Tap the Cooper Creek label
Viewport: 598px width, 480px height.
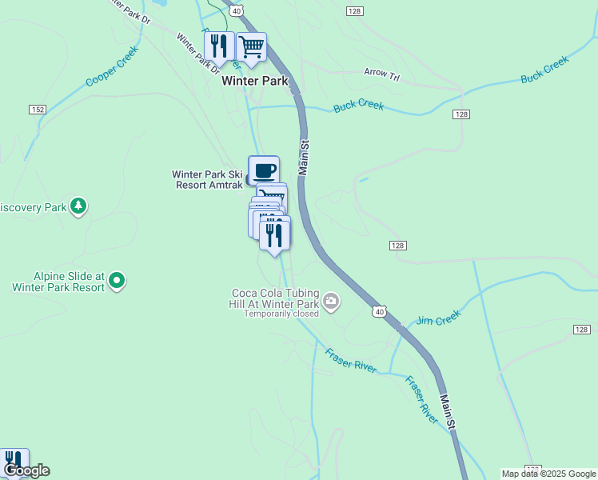click(x=112, y=66)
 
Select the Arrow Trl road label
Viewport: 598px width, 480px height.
click(x=381, y=73)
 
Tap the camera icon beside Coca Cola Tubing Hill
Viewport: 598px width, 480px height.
click(x=331, y=302)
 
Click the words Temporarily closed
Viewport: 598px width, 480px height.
click(x=281, y=314)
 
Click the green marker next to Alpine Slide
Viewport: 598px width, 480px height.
click(x=117, y=280)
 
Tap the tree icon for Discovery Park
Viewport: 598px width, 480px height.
click(x=78, y=206)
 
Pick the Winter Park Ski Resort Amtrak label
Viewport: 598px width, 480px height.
click(x=207, y=179)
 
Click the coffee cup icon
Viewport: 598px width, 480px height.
click(x=264, y=170)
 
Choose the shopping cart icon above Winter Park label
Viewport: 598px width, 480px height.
click(x=251, y=46)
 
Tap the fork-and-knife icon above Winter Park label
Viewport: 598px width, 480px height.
click(x=218, y=46)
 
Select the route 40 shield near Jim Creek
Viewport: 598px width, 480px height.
click(x=379, y=310)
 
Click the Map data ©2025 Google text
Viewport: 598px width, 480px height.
click(x=548, y=474)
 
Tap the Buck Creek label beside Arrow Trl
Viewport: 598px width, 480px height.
click(x=359, y=105)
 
